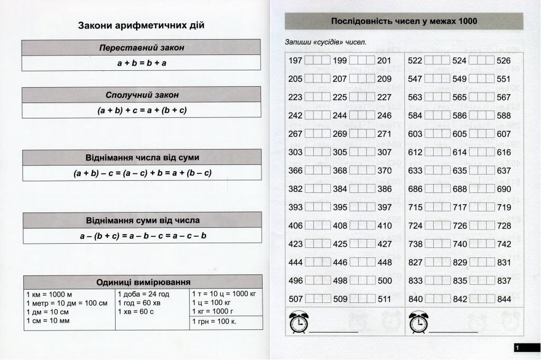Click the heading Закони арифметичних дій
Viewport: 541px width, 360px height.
[x=141, y=25]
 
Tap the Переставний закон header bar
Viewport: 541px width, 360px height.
[x=141, y=48]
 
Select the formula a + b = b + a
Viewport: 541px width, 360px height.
[x=141, y=63]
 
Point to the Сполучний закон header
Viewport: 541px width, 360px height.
[x=141, y=95]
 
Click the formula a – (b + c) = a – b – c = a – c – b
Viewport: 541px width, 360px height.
[x=143, y=236]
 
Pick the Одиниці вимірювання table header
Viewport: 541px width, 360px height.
[x=143, y=282]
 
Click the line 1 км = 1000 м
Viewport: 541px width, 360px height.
[x=49, y=294]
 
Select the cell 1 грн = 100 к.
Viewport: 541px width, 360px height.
[x=214, y=321]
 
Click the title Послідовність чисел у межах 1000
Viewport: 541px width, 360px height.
[x=404, y=21]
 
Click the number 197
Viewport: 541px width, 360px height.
[x=295, y=61]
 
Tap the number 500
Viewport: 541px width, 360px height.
[x=385, y=281]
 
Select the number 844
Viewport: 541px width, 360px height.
[x=504, y=299]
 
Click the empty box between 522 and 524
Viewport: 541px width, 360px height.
[x=437, y=61]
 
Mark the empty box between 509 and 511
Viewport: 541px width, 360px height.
[x=362, y=299]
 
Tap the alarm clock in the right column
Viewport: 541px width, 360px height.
[x=418, y=322]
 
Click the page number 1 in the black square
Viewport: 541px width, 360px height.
[x=517, y=347]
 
